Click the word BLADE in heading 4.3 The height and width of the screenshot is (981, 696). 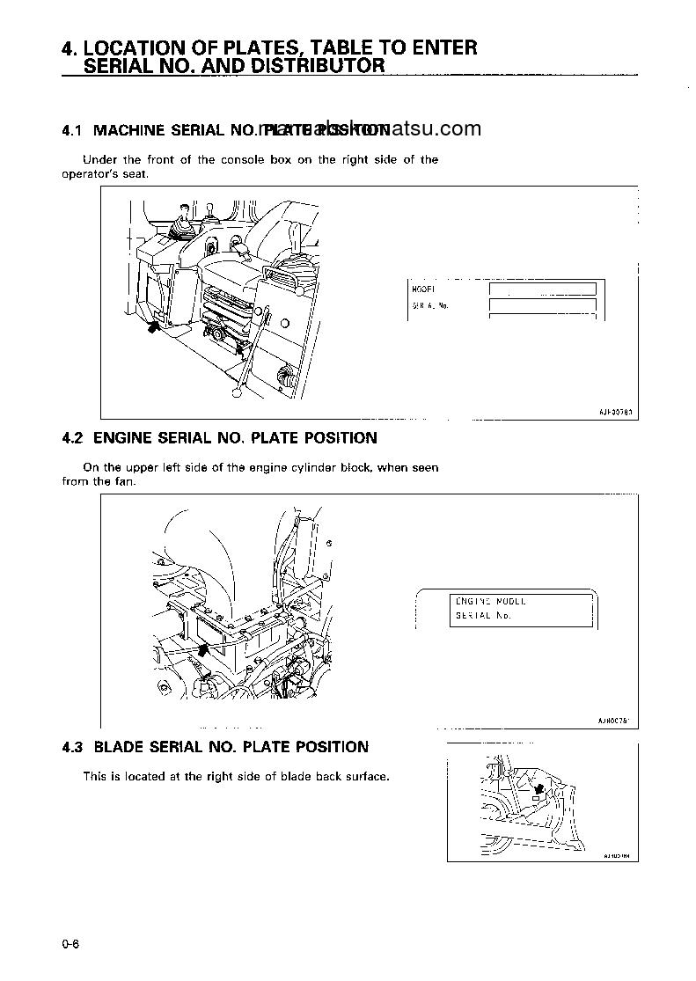120,747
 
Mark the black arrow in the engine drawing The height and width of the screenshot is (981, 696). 205,649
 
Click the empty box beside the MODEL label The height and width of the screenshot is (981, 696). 542,289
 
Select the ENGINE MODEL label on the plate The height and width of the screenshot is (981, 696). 489,601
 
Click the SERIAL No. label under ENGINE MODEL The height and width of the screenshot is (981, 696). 483,616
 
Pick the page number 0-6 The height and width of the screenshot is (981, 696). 70,944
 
